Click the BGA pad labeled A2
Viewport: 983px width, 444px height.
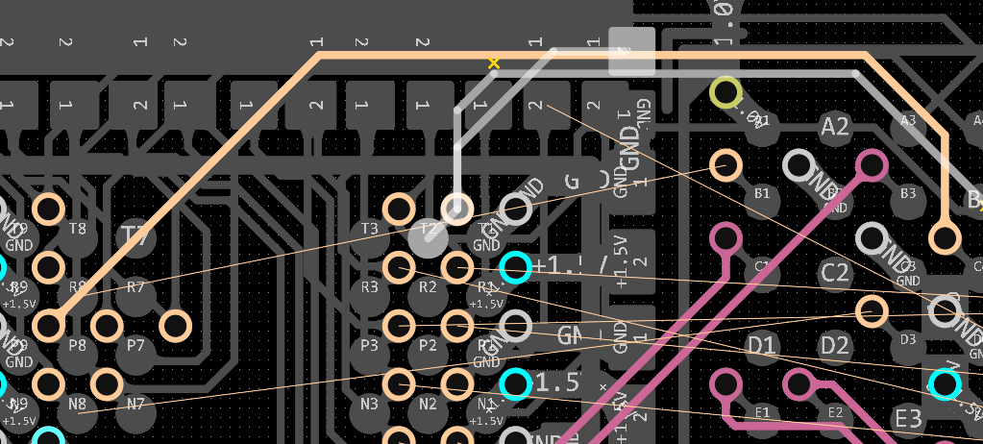click(x=835, y=126)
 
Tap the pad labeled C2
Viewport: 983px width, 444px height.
click(x=835, y=273)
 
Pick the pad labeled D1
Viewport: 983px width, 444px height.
click(x=762, y=344)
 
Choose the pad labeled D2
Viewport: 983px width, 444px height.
click(x=835, y=345)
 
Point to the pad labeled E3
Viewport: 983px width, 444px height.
click(x=907, y=418)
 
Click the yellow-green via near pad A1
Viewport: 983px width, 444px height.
click(x=725, y=93)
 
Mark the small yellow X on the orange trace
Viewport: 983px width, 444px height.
click(x=494, y=63)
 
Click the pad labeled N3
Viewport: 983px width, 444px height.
click(x=369, y=405)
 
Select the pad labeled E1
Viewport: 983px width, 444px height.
click(x=762, y=413)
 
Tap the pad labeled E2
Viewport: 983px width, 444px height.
click(x=835, y=413)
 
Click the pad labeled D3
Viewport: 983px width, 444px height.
click(x=907, y=340)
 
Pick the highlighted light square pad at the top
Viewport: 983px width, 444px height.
click(x=631, y=51)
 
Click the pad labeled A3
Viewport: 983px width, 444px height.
click(x=907, y=122)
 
